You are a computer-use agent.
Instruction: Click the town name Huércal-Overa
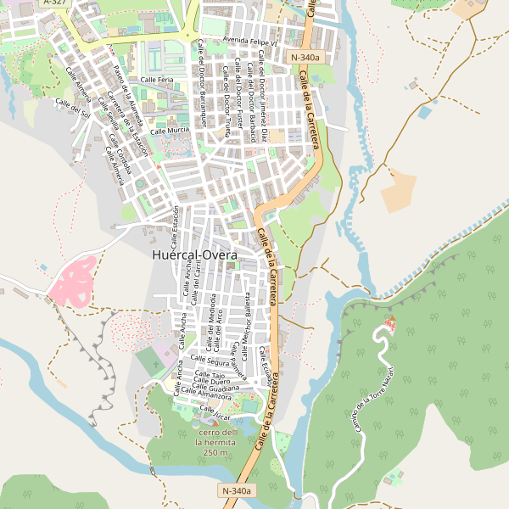tap(194, 254)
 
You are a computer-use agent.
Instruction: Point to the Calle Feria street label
tap(157, 79)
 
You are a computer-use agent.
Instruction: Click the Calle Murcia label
tap(170, 131)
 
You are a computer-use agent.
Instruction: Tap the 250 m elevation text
tap(215, 452)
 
